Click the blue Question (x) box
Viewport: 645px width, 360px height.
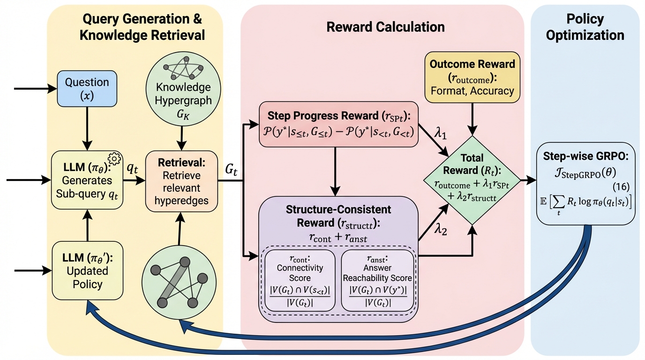pyautogui.click(x=87, y=87)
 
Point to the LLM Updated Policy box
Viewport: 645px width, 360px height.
pyautogui.click(x=80, y=270)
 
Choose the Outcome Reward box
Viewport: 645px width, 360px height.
pyautogui.click(x=472, y=77)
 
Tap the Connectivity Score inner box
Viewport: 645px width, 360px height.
pyautogui.click(x=300, y=280)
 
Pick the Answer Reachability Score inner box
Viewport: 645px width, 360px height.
pyautogui.click(x=378, y=280)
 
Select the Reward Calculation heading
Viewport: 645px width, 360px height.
pyautogui.click(x=385, y=27)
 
